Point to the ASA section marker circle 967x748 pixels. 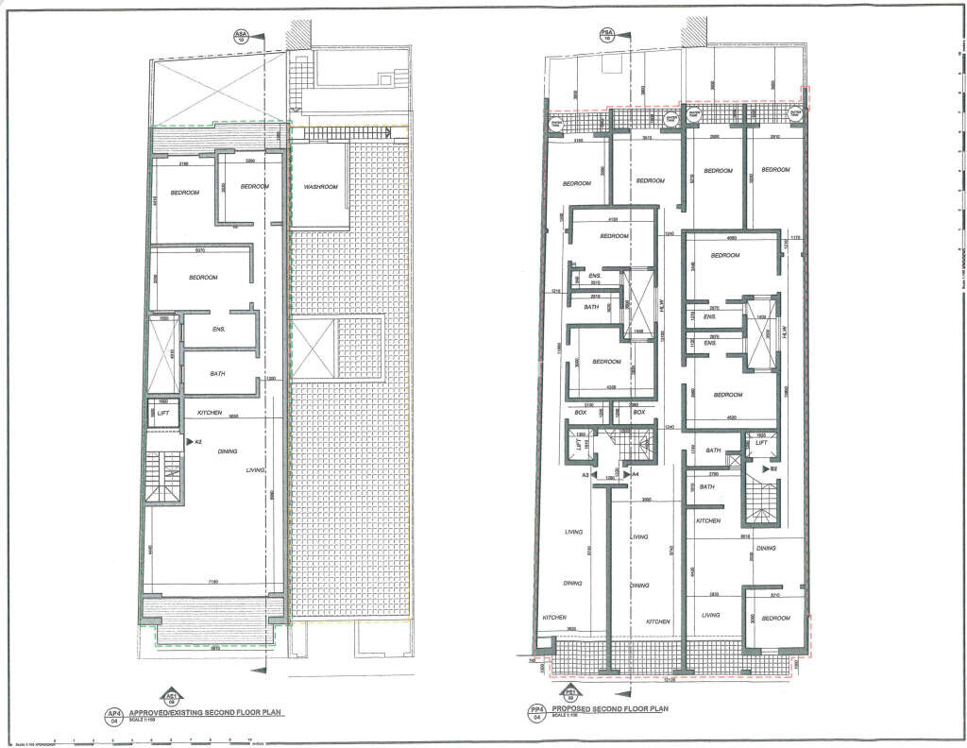pyautogui.click(x=241, y=38)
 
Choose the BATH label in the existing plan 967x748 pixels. pyautogui.click(x=217, y=375)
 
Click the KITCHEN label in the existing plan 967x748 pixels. pyautogui.click(x=210, y=414)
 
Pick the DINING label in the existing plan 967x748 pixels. pyautogui.click(x=228, y=451)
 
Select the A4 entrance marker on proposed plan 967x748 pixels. pyautogui.click(x=635, y=474)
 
